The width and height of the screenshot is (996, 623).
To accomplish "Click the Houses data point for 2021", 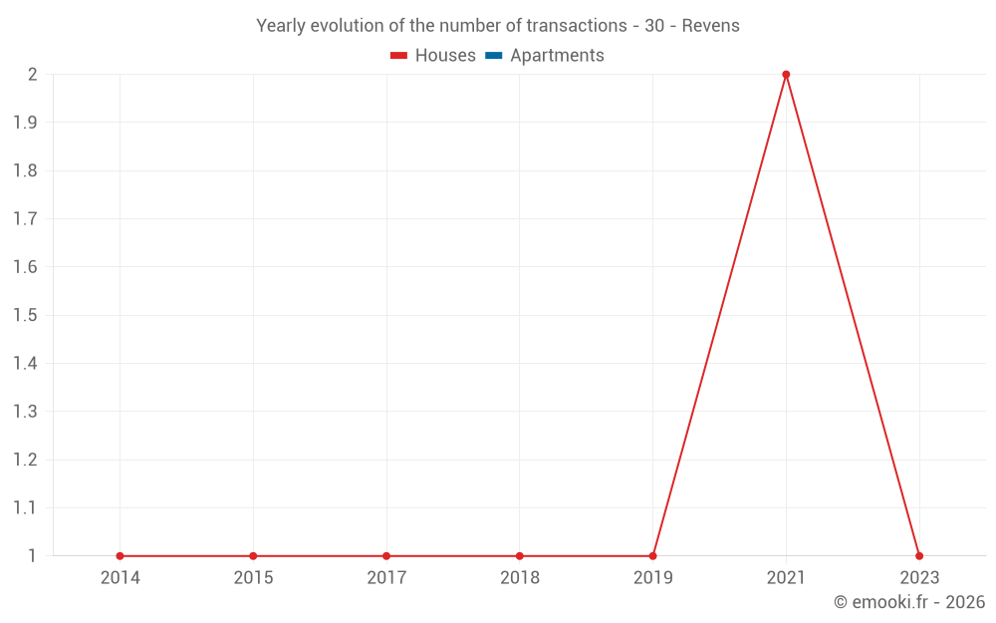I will click(x=786, y=75).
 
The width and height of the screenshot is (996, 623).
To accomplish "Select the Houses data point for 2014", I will click(x=120, y=556).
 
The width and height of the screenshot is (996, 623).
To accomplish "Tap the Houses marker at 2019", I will click(x=652, y=556).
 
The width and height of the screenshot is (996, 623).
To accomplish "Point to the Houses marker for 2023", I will click(x=919, y=556).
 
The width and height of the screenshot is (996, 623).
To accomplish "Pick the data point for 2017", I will click(x=386, y=556).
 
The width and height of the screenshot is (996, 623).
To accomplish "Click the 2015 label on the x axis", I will click(x=253, y=578).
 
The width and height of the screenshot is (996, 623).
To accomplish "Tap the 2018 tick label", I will click(x=520, y=578).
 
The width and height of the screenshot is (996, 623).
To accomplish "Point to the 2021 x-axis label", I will click(x=786, y=578).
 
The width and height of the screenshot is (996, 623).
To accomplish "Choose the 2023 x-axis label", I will click(x=919, y=578).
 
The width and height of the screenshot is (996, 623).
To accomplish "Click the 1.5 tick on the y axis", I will click(x=25, y=315).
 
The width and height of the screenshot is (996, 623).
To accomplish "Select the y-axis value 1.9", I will click(x=25, y=123).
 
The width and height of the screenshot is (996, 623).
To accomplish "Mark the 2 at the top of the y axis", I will click(x=32, y=75).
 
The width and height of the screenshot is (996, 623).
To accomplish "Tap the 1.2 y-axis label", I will click(x=25, y=460).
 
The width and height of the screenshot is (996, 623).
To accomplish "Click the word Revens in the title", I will click(x=711, y=26).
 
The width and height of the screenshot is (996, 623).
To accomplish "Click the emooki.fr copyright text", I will click(x=909, y=602).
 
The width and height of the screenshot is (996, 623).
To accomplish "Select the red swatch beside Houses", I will click(x=399, y=56).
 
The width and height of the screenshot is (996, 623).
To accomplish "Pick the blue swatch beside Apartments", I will click(x=494, y=56).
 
